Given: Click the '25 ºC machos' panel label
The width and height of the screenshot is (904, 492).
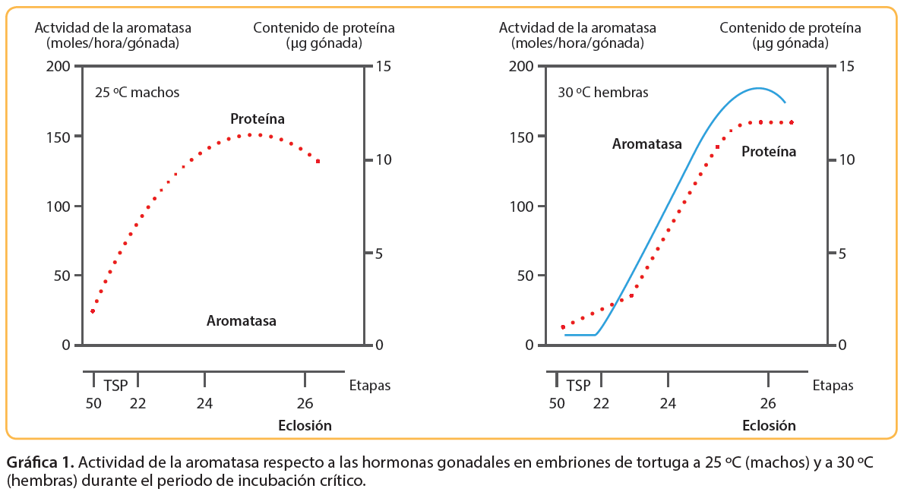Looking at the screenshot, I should pyautogui.click(x=137, y=93).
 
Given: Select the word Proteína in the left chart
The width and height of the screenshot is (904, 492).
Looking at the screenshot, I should pyautogui.click(x=258, y=119).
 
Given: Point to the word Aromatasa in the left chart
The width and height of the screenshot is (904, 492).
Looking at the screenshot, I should pyautogui.click(x=242, y=321).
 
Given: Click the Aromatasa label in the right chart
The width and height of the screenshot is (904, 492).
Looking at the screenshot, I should pyautogui.click(x=647, y=144).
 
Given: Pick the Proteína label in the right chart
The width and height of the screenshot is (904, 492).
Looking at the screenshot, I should pyautogui.click(x=769, y=152).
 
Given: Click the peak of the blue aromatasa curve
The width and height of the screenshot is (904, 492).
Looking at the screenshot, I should pyautogui.click(x=757, y=88).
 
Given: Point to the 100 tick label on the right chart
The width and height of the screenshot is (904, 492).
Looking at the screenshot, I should pyautogui.click(x=525, y=207).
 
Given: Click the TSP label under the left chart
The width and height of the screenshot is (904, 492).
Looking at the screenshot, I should pyautogui.click(x=115, y=385).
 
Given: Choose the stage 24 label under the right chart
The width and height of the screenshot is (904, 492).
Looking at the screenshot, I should pyautogui.click(x=668, y=402).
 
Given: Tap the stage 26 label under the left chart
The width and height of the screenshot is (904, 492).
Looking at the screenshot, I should pyautogui.click(x=305, y=402).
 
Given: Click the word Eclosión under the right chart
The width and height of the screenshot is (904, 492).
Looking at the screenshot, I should pyautogui.click(x=769, y=425).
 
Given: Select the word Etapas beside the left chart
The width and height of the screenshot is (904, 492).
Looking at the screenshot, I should pyautogui.click(x=369, y=386).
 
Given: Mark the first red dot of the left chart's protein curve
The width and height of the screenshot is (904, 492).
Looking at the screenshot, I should pyautogui.click(x=93, y=311).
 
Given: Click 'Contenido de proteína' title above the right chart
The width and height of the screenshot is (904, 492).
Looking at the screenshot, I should pyautogui.click(x=790, y=28).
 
